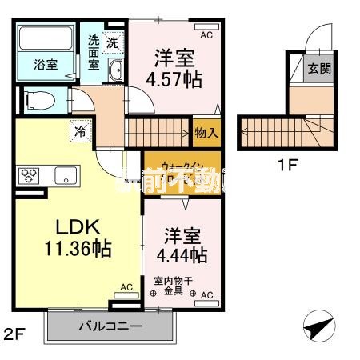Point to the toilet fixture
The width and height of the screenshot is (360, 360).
tap(35, 99)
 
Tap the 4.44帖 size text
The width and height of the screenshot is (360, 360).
tap(185, 255)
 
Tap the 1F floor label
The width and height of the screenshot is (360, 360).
tap(287, 167)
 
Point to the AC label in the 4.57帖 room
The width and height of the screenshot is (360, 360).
tap(206, 36)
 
